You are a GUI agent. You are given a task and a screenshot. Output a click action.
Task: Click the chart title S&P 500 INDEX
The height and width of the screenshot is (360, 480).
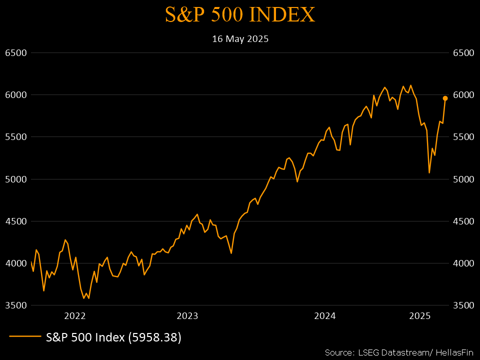pyautogui.click(x=240, y=15)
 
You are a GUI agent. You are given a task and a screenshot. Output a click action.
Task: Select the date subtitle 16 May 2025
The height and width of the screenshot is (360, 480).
pyautogui.click(x=240, y=39)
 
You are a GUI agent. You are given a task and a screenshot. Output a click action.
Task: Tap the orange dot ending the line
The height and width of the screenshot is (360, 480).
pyautogui.click(x=445, y=98)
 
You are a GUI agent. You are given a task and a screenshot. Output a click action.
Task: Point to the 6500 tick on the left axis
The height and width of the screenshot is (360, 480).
pyautogui.click(x=16, y=53)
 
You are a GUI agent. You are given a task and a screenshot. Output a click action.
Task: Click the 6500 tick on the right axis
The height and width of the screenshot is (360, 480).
pyautogui.click(x=463, y=53)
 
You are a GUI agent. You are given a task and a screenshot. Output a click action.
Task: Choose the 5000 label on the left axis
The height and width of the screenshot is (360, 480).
pyautogui.click(x=16, y=179)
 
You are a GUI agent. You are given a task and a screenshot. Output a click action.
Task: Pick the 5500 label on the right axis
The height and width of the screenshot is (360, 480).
pyautogui.click(x=463, y=137)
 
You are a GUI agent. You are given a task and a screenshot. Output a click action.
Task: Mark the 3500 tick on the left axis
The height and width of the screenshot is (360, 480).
pyautogui.click(x=16, y=305)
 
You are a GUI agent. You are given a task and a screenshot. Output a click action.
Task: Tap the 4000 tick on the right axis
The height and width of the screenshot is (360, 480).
pyautogui.click(x=463, y=263)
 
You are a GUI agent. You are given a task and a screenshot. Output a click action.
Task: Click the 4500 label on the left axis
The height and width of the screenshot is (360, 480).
pyautogui.click(x=16, y=221)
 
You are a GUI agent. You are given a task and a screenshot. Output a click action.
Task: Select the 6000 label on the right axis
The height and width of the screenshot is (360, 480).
pyautogui.click(x=463, y=95)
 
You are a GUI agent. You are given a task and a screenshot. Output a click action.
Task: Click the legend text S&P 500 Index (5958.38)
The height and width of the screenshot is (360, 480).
pyautogui.click(x=113, y=337)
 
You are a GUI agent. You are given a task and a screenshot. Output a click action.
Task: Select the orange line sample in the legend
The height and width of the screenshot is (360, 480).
pyautogui.click(x=24, y=337)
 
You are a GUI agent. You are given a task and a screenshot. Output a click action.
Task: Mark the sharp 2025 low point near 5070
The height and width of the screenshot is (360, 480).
pyautogui.click(x=429, y=173)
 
